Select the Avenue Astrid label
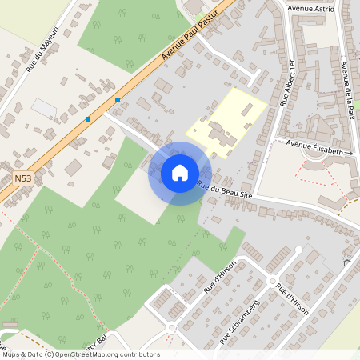[x=310, y=9]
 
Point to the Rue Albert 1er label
[x=287, y=82]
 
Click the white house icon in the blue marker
[x=180, y=173]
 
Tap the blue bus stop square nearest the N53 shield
[x=88, y=119]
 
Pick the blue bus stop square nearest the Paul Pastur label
[x=118, y=100]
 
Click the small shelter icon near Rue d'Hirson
[x=346, y=262]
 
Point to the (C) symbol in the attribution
[x=50, y=354]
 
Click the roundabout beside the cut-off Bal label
[x=170, y=328]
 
